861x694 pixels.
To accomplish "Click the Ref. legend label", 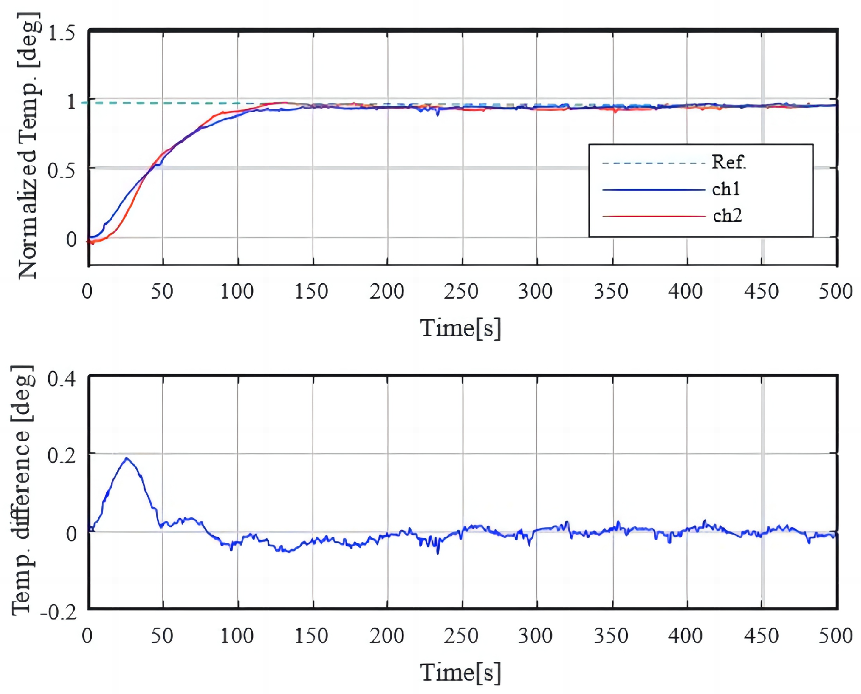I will click(x=728, y=162).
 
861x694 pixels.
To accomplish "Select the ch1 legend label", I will click(x=726, y=189).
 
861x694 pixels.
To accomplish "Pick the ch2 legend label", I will click(x=727, y=216).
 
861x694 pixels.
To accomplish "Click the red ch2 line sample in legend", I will click(x=653, y=217).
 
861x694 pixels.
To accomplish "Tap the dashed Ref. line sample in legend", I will click(x=653, y=163).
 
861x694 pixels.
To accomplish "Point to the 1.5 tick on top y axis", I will click(x=61, y=33).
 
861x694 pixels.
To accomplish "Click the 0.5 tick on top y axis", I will click(x=61, y=171).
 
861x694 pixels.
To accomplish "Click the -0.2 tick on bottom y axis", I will click(x=59, y=613).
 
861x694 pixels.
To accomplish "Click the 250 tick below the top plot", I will click(x=461, y=292).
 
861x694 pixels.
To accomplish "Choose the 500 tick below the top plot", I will click(x=835, y=292).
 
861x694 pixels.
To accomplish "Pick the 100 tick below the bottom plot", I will click(x=237, y=636).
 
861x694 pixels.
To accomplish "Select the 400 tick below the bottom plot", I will click(x=685, y=636).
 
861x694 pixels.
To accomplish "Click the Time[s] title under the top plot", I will click(x=460, y=328).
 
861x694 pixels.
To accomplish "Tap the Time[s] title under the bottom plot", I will click(x=460, y=672).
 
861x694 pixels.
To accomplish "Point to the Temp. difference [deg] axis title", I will click(x=22, y=491).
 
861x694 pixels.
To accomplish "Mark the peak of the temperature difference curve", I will click(x=126, y=458).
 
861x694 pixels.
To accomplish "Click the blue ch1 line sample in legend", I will click(x=653, y=189).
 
